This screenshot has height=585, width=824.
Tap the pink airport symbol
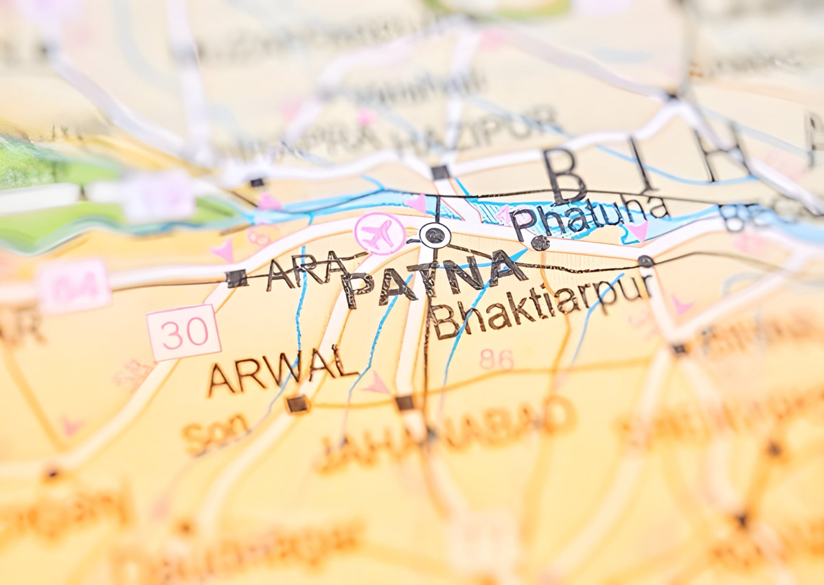(x=380, y=233)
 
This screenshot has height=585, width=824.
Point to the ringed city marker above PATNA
(x=435, y=235)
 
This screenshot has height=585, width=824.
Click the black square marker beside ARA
(x=236, y=278)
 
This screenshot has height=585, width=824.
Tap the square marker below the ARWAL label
(x=297, y=403)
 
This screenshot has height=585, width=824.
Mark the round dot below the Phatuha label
(x=540, y=243)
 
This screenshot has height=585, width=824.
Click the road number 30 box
(x=183, y=333)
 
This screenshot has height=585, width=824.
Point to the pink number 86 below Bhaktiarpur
(x=496, y=359)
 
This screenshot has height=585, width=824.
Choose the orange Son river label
(x=216, y=433)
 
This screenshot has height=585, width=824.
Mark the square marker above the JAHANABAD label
(x=405, y=403)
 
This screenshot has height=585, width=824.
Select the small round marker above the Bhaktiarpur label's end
(x=645, y=261)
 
